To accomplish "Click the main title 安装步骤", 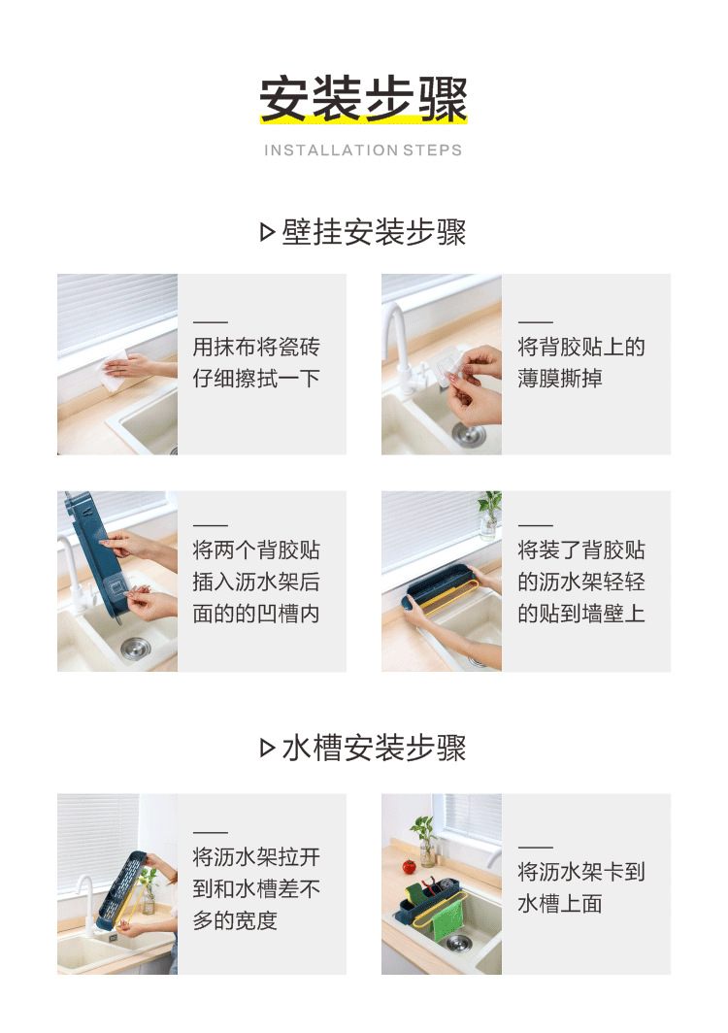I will point(363,99).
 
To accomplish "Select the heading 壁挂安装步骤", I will point(374,233).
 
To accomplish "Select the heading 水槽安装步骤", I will point(374,749).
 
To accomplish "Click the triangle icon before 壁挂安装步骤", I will point(268,233).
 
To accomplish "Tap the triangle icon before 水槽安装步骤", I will point(268,749).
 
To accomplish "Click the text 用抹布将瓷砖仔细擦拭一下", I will point(256,362).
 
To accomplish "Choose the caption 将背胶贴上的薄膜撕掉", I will point(580,362).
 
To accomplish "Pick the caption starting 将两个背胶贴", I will point(256,582).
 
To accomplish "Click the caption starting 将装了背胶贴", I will point(580,582).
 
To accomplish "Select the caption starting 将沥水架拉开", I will point(256,888).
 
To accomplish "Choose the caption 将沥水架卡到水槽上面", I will point(580,887).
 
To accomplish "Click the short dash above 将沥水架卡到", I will point(535,848).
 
